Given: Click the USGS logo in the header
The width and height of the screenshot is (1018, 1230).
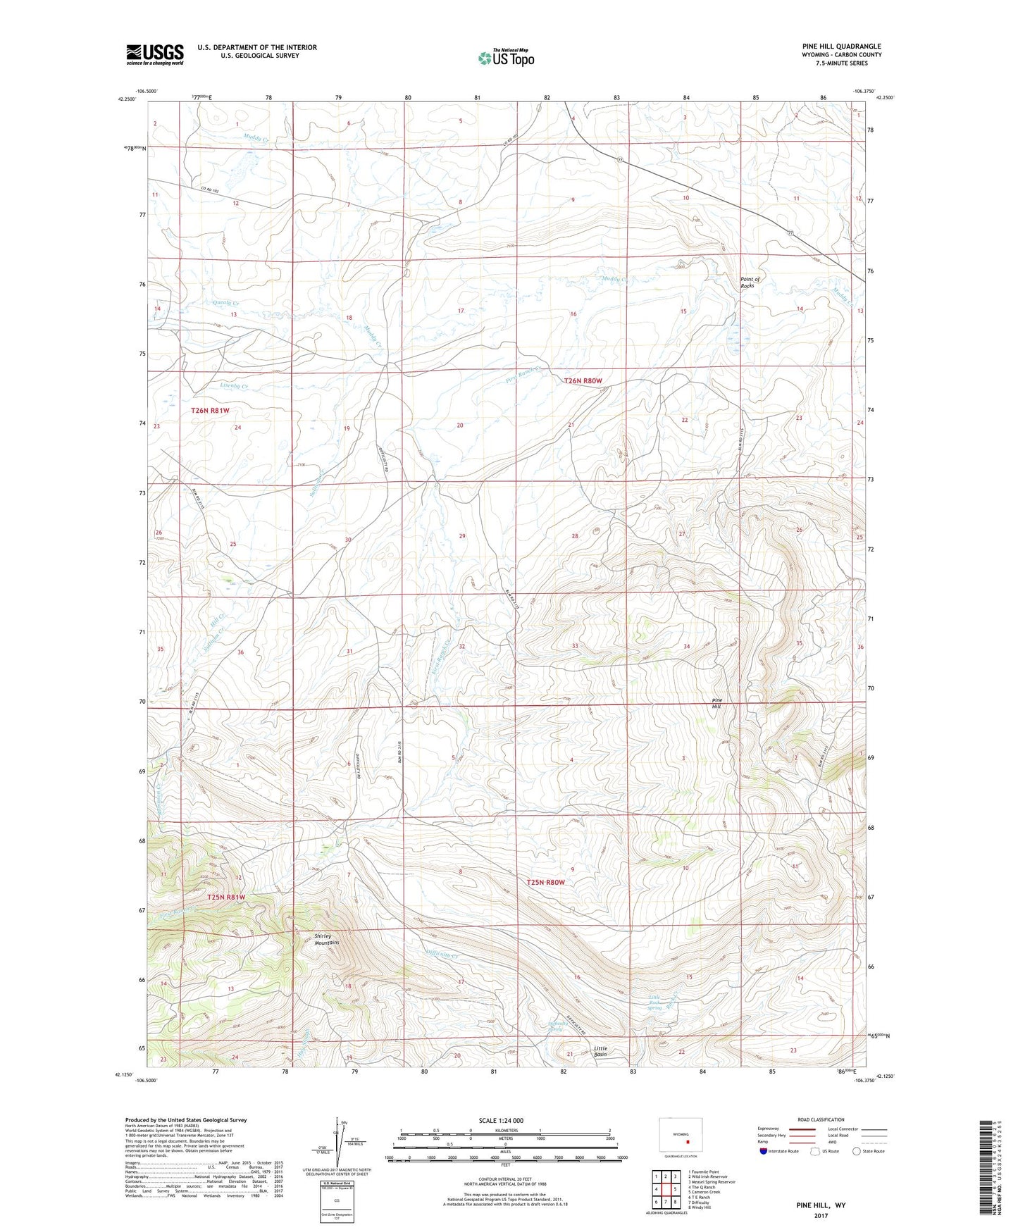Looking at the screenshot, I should [x=154, y=54].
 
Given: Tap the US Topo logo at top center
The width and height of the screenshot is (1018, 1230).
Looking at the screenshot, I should [x=505, y=58].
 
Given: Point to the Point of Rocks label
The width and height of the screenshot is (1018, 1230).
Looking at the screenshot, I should [x=747, y=282].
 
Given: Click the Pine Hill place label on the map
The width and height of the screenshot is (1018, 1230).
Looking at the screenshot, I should [x=716, y=703].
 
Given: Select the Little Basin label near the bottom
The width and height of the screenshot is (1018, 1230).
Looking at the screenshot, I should [x=600, y=1051].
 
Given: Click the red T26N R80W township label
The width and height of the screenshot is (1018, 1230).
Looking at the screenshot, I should [x=583, y=380].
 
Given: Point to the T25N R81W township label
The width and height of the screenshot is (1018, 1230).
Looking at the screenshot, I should [x=227, y=897].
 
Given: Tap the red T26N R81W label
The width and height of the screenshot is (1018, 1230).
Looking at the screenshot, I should [x=211, y=410].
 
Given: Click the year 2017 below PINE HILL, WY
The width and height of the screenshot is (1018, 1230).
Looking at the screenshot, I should [x=821, y=1215].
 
